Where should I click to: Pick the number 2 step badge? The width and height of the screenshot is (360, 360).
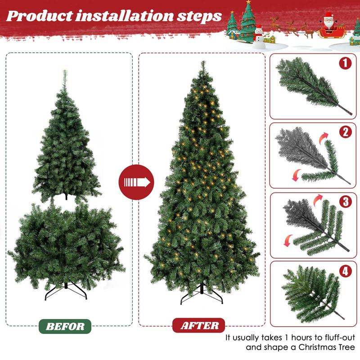click(x=345, y=132)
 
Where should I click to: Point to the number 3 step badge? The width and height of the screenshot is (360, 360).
click(x=345, y=202)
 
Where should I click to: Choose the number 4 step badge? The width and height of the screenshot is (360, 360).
click(x=345, y=271)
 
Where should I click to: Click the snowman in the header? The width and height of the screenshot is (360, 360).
click(x=258, y=36)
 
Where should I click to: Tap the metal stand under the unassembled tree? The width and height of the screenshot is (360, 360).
click(x=66, y=290)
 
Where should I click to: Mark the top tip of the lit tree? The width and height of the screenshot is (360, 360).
click(x=202, y=63)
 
